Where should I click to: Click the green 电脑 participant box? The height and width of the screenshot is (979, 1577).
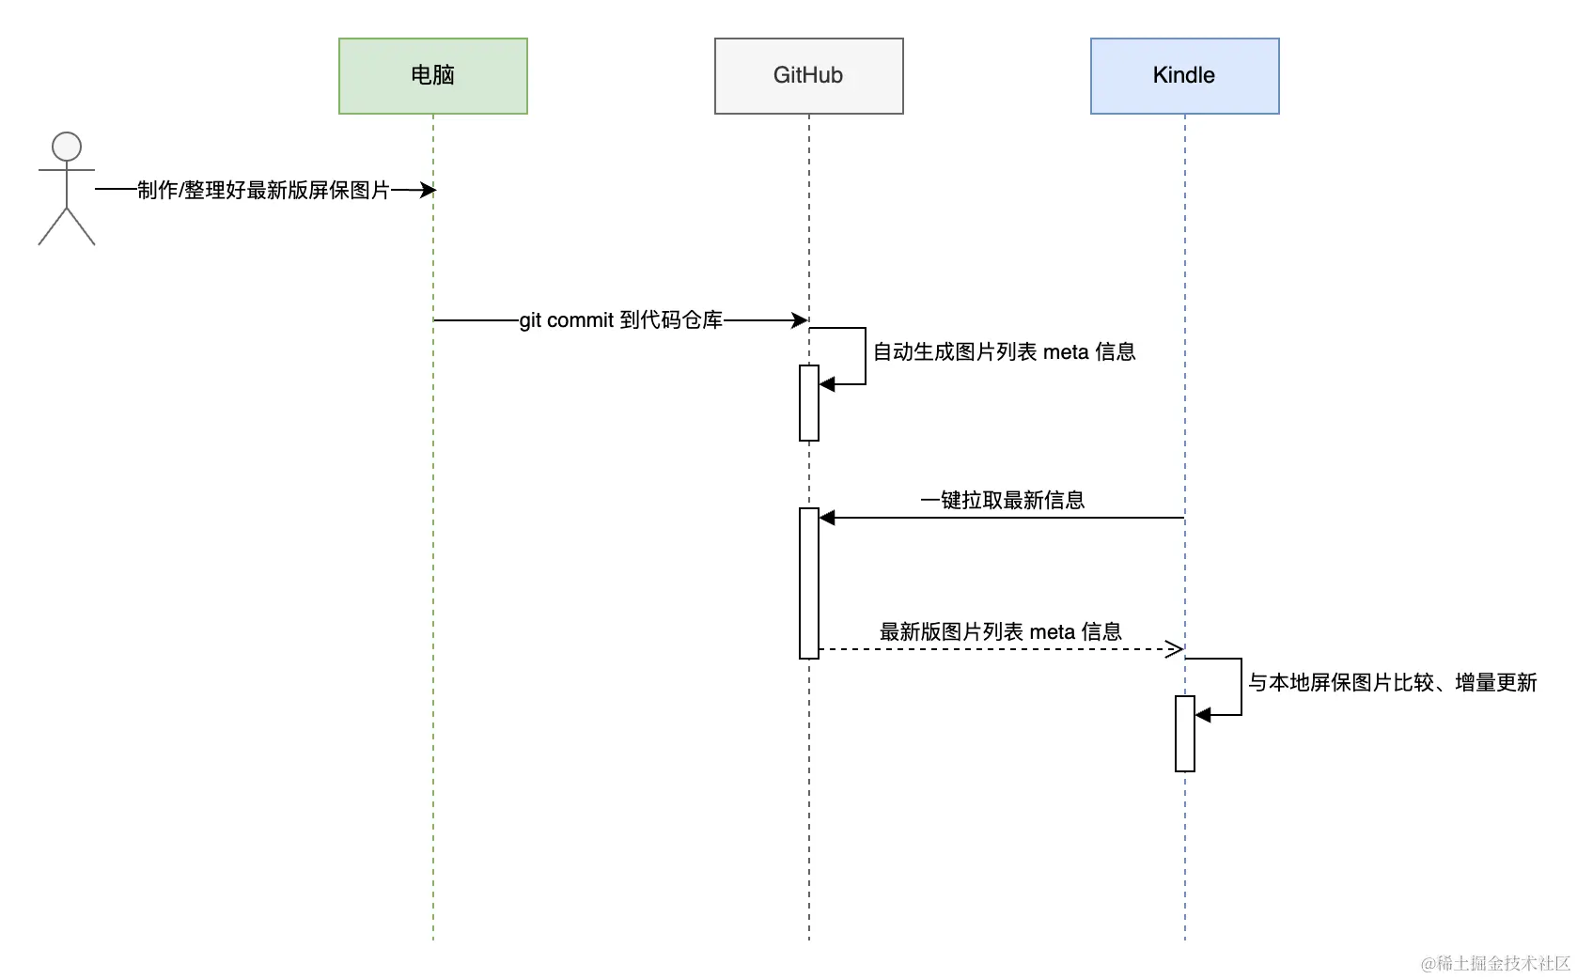432,75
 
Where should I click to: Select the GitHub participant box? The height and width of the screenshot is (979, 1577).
808,75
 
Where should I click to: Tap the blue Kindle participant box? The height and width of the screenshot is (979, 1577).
1184,75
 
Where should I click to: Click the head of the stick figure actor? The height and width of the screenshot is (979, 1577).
67,147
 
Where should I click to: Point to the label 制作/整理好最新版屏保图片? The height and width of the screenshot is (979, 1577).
263,190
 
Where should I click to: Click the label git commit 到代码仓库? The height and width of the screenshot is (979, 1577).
620,320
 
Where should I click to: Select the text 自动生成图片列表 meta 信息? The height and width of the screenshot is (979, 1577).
1004,352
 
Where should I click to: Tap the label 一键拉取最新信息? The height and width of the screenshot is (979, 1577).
1002,500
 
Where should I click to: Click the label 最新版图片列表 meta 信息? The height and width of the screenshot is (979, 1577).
1000,631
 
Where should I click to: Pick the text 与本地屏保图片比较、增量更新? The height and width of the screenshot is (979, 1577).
1392,683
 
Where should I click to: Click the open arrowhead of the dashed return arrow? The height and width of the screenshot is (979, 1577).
1175,649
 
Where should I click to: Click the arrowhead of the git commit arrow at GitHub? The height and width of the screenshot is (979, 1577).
801,320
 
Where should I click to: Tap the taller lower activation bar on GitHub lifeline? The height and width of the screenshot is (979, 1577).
809,583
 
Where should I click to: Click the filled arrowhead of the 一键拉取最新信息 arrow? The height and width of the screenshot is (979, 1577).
827,518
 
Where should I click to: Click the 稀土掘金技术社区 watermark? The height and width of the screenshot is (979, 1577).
1495,963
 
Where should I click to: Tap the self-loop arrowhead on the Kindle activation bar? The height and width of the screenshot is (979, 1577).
1203,715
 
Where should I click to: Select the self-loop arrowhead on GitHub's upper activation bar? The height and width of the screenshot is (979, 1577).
827,384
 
